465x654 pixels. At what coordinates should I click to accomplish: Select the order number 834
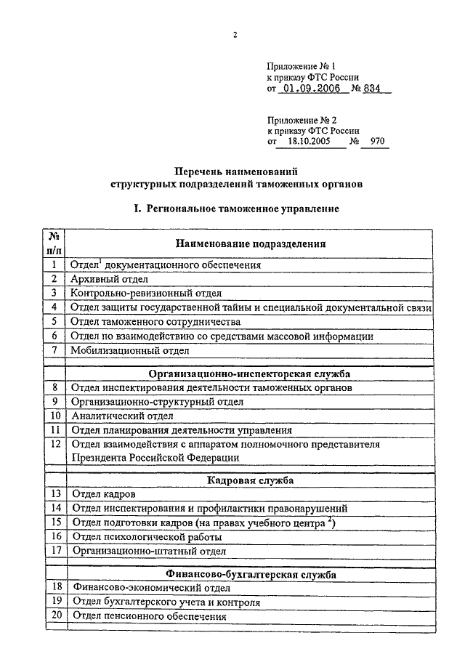coord(376,89)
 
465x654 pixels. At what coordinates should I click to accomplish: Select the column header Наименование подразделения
coord(249,244)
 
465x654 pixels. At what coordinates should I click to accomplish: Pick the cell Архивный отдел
coord(110,279)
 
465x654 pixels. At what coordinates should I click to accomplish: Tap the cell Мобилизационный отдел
coord(125,350)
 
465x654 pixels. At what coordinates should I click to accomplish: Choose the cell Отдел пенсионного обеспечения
coord(149,616)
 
